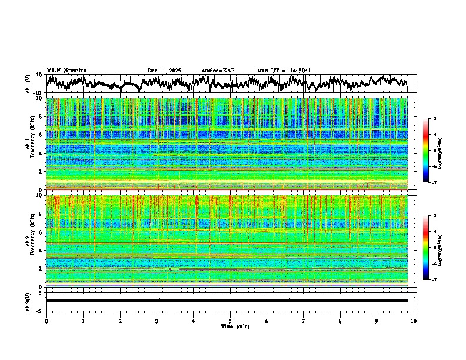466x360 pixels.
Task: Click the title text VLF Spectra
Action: (66, 70)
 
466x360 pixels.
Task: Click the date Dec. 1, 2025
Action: (164, 71)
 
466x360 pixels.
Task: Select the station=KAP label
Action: (218, 71)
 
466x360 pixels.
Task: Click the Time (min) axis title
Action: (235, 326)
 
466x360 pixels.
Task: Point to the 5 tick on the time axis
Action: (230, 321)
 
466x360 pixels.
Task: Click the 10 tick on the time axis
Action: (414, 321)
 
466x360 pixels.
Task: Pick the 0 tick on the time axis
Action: (46, 321)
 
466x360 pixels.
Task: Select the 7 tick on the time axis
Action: (304, 321)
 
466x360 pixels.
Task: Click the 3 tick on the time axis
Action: (157, 321)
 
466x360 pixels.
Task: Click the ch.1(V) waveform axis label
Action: (28, 84)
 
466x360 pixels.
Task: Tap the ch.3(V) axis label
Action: (28, 301)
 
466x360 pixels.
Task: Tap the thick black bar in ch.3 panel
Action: (227, 301)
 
